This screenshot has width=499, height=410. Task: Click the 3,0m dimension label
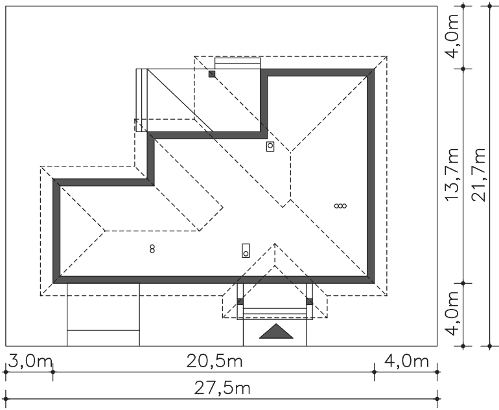30,361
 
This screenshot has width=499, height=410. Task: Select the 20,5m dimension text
215,361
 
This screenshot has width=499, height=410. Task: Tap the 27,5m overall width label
222,388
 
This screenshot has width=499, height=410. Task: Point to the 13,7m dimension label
452,174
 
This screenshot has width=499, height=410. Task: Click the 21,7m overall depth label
478,174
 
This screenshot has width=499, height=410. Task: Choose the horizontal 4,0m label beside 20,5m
407,361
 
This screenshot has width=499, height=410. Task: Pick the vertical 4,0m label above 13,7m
452,36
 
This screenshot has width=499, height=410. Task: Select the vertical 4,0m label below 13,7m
452,313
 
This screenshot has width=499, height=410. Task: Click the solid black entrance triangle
276,332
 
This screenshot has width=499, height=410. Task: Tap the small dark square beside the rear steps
212,74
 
